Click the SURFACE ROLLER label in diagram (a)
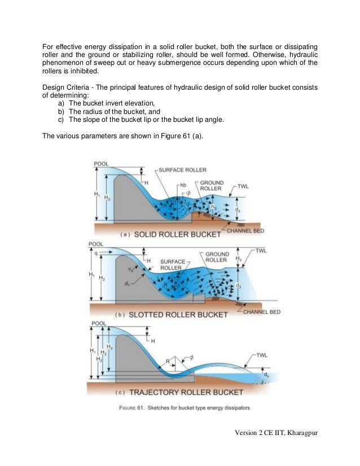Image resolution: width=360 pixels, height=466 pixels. click(182, 169)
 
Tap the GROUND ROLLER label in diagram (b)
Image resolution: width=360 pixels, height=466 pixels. click(217, 257)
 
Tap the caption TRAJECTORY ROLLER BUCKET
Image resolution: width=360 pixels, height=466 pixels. click(187, 392)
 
